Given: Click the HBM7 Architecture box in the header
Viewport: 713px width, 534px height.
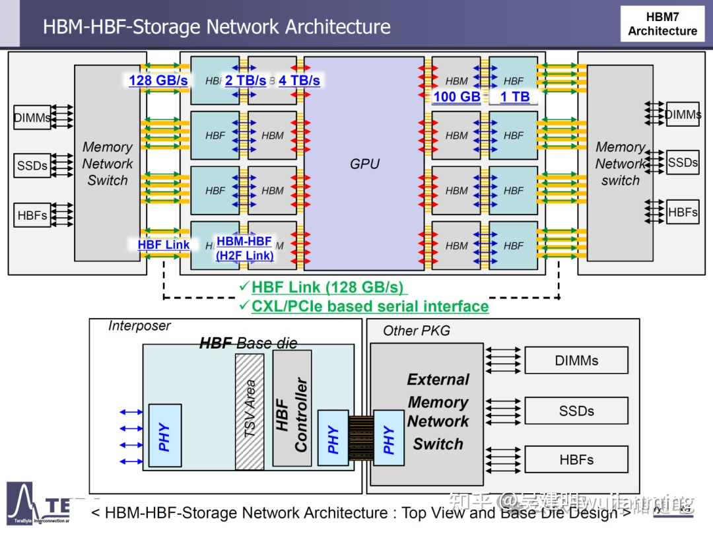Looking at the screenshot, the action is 662,24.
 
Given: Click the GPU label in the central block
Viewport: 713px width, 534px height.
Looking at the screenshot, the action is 364,164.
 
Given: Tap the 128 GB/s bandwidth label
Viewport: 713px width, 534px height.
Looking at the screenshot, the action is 158,81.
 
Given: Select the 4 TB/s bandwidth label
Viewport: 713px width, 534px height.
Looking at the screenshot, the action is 299,81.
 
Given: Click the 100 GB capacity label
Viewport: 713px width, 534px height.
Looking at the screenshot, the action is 456,96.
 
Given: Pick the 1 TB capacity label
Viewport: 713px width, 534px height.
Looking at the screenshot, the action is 515,96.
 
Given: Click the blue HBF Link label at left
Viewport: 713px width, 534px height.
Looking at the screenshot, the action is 164,244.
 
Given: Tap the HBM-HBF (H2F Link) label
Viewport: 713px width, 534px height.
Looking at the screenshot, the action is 244,248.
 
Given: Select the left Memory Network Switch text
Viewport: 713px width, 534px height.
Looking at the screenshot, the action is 107,164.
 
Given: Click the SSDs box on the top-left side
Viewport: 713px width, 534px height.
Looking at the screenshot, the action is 32,166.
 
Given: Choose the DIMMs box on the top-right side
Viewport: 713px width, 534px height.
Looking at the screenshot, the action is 683,115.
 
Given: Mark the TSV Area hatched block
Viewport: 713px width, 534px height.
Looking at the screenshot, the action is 250,411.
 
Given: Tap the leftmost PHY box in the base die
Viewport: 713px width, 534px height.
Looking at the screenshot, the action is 165,436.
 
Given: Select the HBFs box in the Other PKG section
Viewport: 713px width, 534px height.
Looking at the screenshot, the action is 576,460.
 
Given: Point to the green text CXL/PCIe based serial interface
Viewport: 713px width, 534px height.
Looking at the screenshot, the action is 370,306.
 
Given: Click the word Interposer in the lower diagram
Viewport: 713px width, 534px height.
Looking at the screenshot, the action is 139,326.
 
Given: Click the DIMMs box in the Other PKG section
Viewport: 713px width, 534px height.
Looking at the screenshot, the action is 576,360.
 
